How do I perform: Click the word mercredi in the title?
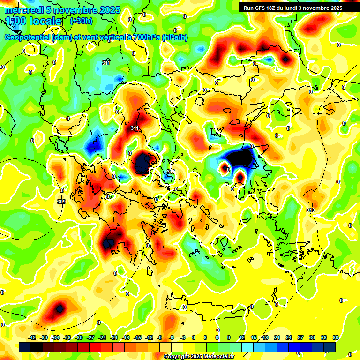coord(23,10)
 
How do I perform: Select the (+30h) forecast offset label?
coord(81,21)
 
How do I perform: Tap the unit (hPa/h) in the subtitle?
coord(175,37)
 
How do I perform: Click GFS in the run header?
coord(262,8)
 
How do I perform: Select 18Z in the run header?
coord(274,8)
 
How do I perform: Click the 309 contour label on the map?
coord(61,202)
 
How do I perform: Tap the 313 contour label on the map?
coord(310,210)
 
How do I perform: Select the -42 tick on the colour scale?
coord(32,337)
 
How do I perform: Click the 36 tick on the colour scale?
coord(336,337)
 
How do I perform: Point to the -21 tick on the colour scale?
coord(114,337)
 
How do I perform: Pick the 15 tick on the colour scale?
coord(254,337)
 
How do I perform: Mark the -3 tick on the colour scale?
coord(184,337)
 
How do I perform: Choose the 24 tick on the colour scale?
coord(289,337)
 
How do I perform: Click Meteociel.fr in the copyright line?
coord(216,357)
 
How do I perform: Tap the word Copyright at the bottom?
coord(177,357)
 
